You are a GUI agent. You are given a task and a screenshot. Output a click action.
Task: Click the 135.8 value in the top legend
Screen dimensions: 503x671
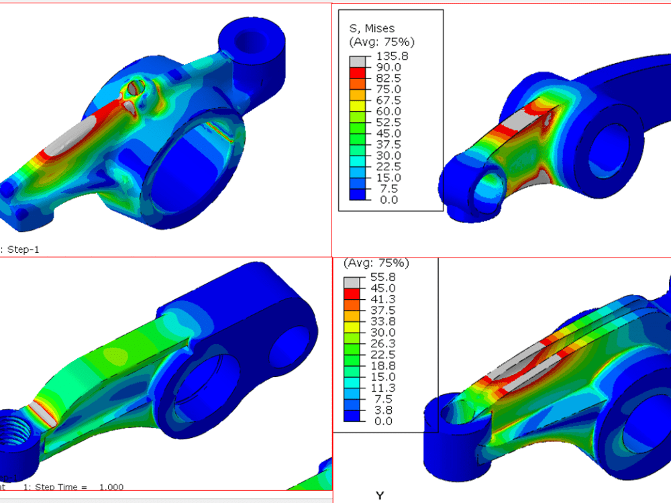coord(389,56)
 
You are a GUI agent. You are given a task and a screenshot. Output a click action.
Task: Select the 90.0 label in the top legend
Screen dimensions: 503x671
coord(389,67)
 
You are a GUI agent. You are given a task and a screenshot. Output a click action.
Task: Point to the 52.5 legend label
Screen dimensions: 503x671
coord(389,122)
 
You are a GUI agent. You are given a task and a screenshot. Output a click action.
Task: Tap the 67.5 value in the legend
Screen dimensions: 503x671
coord(389,100)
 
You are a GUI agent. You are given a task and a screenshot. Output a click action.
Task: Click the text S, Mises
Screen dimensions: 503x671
coord(372,28)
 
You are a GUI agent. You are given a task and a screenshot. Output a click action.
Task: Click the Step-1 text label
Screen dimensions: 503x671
coord(24,249)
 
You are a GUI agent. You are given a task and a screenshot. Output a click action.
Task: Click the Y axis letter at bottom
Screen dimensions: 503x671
coord(380,496)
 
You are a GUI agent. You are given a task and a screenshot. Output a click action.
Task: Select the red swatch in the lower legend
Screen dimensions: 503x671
coord(352,294)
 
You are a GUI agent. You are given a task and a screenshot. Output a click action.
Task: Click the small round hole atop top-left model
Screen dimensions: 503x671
coord(137,87)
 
